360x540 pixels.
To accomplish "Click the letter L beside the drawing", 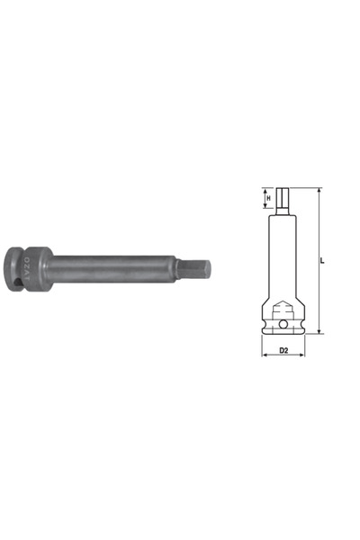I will point(324,261).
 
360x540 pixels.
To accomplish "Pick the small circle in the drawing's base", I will point(283,325).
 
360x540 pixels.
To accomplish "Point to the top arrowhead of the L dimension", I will point(319,190).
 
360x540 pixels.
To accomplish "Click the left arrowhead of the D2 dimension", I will point(265,355).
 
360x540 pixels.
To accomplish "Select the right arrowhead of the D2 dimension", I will point(303,355).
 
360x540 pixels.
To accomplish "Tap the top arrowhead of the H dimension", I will point(267,190).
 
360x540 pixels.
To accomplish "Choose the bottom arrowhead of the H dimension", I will point(267,208).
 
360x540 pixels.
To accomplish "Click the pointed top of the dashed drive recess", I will point(283,301).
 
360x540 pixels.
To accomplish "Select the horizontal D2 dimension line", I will point(283,355).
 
